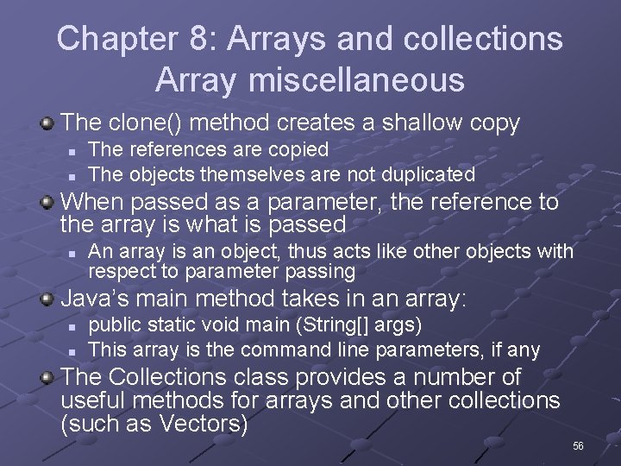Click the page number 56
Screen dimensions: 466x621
[578, 445]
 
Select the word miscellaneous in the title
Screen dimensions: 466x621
[355, 80]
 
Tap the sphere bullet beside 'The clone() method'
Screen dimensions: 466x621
[48, 123]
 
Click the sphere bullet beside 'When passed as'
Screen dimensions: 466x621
[48, 204]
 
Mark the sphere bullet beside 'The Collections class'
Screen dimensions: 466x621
[48, 378]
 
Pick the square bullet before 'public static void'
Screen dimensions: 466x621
[72, 327]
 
